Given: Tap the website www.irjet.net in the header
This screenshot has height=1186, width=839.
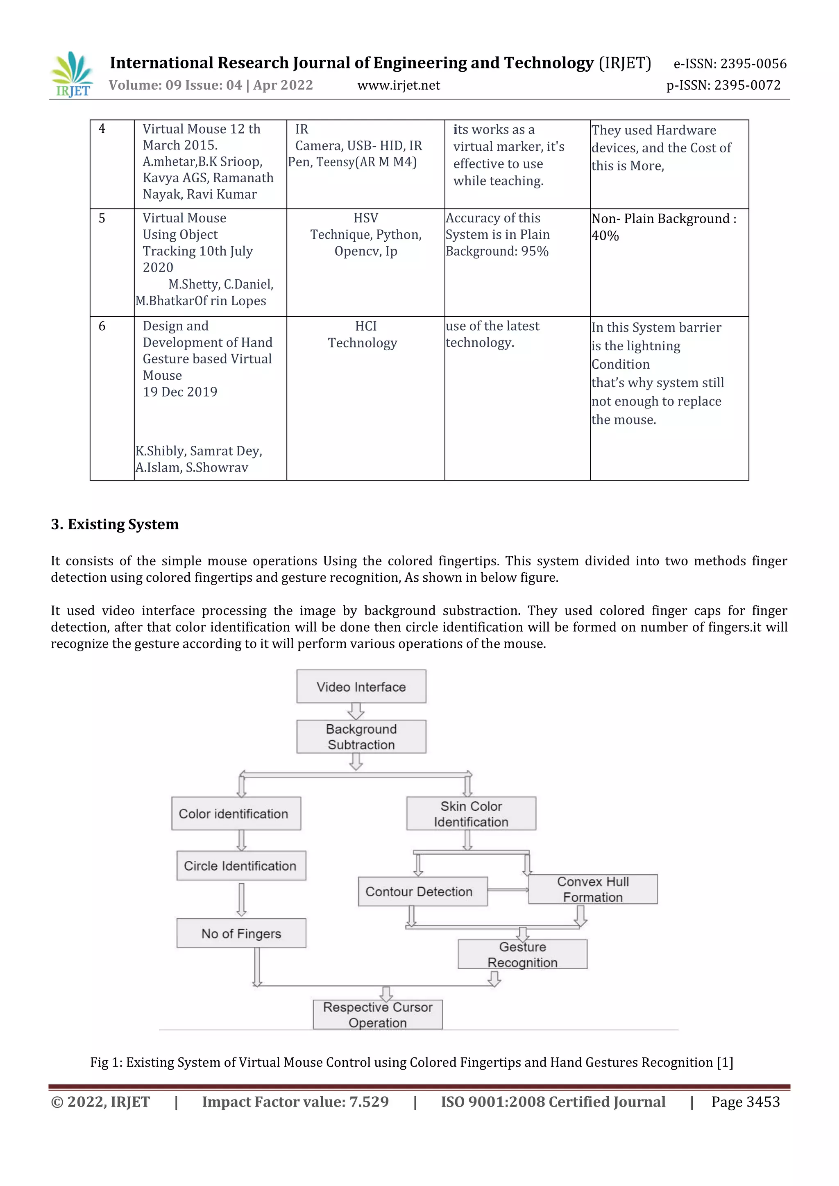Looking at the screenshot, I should click(398, 85).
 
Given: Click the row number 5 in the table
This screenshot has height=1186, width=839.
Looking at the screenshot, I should click(102, 218).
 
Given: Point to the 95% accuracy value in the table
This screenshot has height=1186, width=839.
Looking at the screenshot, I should click(535, 252).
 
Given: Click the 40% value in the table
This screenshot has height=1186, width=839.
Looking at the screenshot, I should click(605, 236).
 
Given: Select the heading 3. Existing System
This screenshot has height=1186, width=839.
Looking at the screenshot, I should click(115, 524).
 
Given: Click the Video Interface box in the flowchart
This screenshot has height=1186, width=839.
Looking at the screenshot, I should click(361, 687).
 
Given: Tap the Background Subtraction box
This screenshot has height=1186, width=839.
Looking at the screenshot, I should click(361, 737).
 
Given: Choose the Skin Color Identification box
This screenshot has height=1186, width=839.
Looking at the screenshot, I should click(471, 814).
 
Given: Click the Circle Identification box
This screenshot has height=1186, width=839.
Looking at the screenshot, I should click(241, 866).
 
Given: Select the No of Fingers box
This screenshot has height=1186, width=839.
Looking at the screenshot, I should click(241, 933).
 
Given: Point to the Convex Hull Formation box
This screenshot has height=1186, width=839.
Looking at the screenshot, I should click(592, 889).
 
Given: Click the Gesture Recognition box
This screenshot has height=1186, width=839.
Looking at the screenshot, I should click(522, 954).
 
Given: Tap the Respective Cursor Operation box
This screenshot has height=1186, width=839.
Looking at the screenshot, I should click(378, 1014).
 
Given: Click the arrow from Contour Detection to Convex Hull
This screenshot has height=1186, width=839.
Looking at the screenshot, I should click(508, 889).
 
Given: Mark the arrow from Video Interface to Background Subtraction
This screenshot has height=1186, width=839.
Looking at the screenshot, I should click(356, 711).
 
